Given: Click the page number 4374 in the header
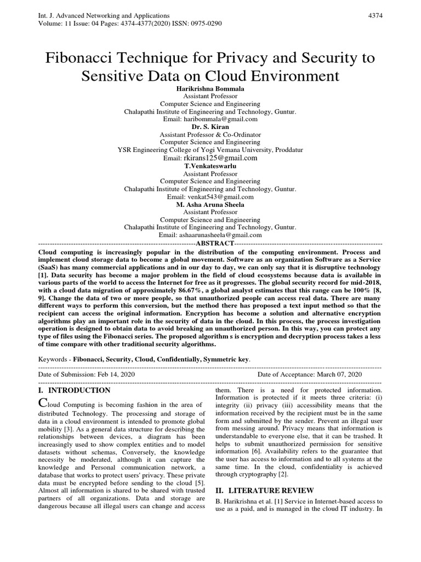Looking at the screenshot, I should (375, 15).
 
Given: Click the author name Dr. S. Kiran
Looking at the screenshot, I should (210, 126).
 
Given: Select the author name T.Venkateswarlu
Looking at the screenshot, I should (210, 165).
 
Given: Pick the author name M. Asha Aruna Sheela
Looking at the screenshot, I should (210, 204).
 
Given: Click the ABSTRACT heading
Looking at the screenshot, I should (215, 243).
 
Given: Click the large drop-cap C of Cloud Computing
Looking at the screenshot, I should (44, 403).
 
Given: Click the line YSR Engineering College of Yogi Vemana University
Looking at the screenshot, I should (210, 150).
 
